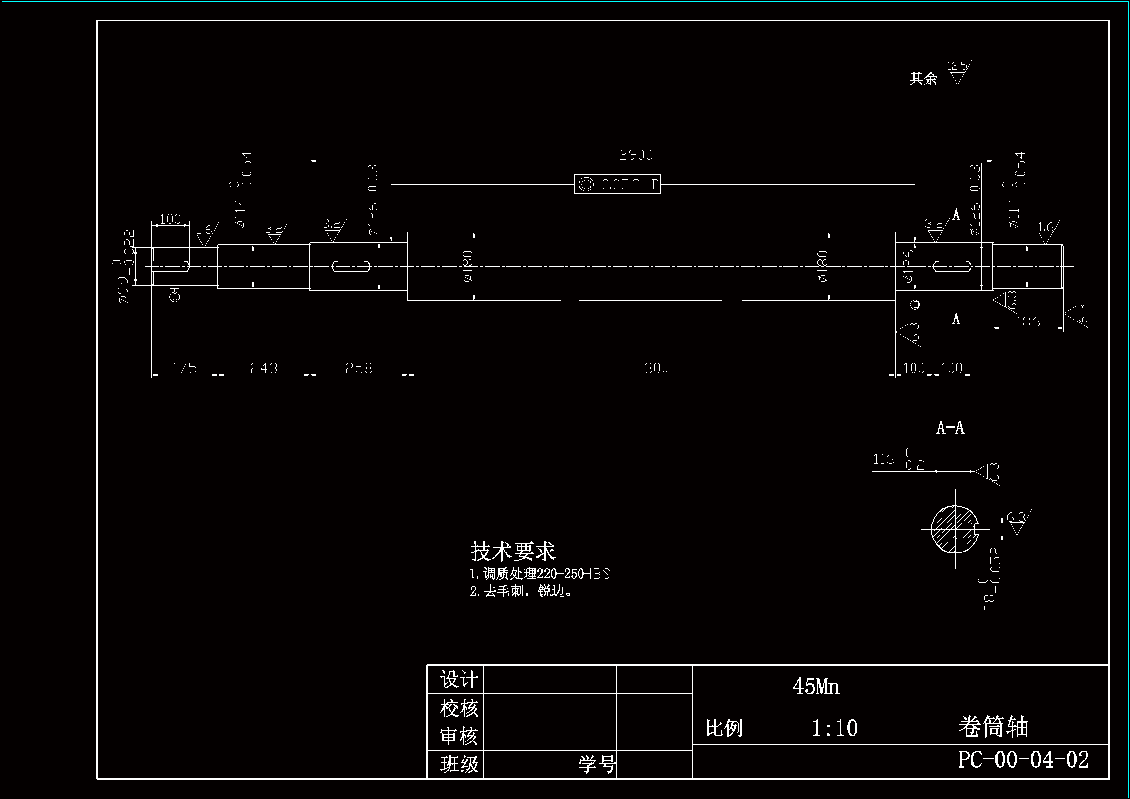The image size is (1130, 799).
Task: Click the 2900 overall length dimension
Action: (636, 155)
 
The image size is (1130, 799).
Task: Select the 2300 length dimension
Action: (651, 368)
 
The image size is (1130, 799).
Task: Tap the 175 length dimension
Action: (185, 368)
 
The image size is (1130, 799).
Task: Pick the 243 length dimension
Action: (264, 368)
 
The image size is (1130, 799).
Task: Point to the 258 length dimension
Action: (359, 368)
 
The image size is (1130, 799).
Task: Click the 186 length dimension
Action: (1028, 322)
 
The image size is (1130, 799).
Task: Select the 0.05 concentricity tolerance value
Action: (615, 185)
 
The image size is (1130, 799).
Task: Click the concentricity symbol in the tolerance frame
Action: (586, 185)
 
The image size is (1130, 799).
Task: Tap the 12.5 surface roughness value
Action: (957, 65)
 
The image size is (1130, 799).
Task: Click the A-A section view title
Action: (950, 428)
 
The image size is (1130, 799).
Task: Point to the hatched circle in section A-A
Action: (954, 529)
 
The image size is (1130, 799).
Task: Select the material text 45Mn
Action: (815, 686)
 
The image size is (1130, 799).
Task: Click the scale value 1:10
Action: (834, 727)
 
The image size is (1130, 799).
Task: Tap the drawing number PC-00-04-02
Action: (1023, 760)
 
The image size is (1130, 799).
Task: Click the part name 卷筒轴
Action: (993, 727)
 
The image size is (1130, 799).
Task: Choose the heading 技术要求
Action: (513, 552)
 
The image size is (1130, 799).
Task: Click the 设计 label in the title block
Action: (459, 680)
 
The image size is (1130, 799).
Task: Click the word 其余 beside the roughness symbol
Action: (923, 78)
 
